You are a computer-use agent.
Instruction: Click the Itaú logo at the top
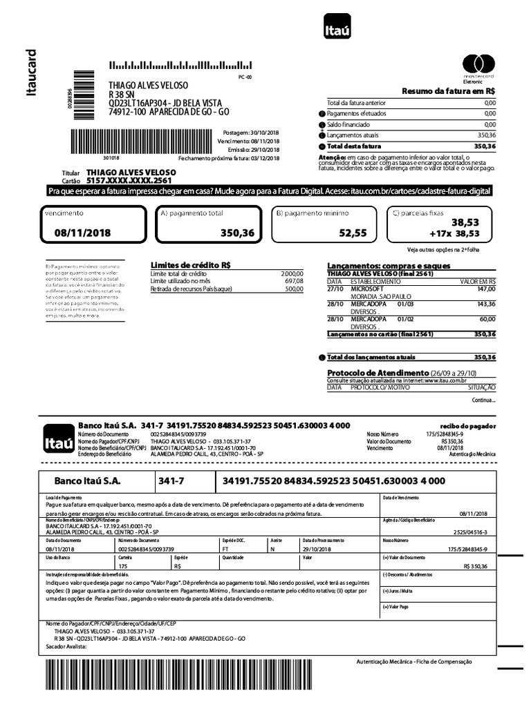pos(337,30)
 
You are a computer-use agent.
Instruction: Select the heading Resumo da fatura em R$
pos(449,91)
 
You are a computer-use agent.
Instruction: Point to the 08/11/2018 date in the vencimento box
pos(82,233)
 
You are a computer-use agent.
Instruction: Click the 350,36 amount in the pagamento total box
pos(237,233)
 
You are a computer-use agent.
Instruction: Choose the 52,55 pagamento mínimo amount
pos(353,233)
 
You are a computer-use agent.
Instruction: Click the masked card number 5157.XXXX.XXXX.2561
pos(125,180)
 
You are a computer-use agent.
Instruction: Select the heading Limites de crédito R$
pos(190,265)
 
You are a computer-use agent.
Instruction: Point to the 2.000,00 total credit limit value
pos(292,273)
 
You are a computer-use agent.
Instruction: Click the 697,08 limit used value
pos(293,281)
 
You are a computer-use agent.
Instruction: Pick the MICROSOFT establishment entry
pos(367,289)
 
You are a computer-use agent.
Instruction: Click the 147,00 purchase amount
pos(486,289)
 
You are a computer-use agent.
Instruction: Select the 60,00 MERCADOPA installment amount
pos(487,319)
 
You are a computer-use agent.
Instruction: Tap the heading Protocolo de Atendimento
pos(378,373)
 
